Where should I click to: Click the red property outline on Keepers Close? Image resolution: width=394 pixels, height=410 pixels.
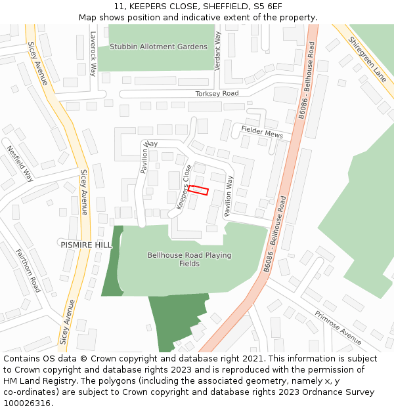click(x=198, y=190)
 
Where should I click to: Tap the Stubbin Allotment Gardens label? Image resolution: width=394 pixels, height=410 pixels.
click(x=158, y=47)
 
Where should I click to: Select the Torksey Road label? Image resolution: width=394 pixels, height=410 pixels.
click(x=217, y=94)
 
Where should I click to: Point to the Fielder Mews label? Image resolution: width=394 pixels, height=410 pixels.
click(x=261, y=132)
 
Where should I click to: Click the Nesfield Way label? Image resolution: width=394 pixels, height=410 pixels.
click(x=20, y=163)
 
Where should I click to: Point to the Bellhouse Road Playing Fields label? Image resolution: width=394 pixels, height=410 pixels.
click(x=189, y=259)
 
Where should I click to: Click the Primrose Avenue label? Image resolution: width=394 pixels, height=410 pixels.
click(x=338, y=328)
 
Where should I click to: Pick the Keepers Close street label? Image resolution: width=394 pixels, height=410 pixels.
click(x=184, y=187)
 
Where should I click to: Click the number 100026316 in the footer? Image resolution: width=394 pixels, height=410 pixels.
click(x=27, y=403)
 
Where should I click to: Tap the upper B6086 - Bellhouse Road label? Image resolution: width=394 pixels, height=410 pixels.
click(x=307, y=80)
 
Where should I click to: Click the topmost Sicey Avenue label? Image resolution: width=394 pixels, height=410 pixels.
click(x=37, y=64)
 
